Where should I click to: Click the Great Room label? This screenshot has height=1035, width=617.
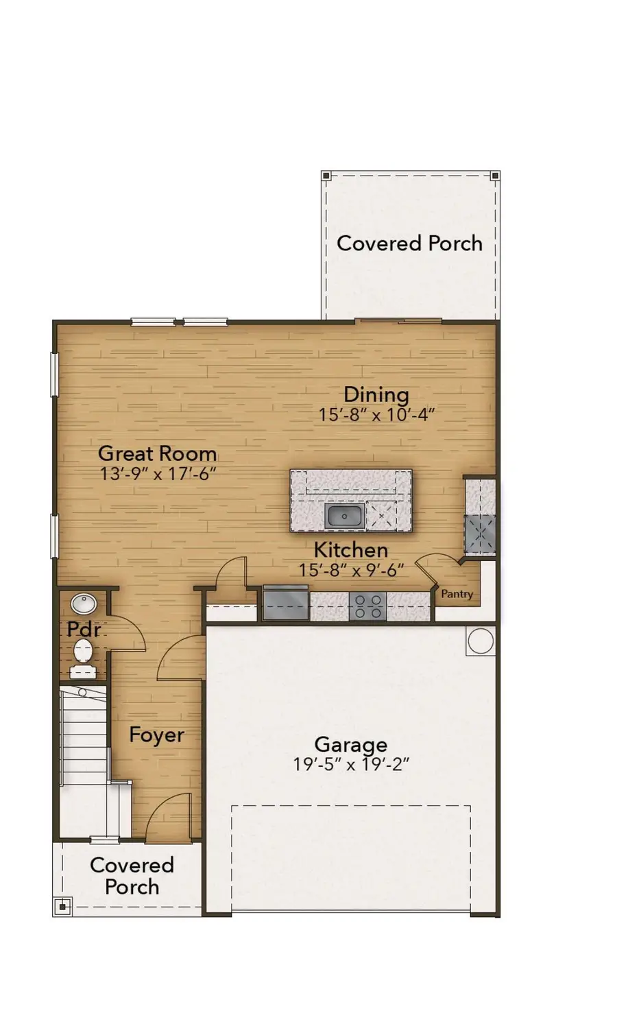tap(157, 453)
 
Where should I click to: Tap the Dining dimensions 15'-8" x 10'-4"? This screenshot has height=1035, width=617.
tap(376, 414)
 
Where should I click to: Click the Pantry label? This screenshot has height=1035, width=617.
tap(457, 594)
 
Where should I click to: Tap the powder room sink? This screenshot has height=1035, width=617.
tap(84, 604)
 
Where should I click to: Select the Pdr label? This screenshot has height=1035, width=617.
tap(84, 629)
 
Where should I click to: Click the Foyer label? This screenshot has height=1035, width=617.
tap(156, 735)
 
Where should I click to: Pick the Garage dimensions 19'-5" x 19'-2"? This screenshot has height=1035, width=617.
tap(350, 764)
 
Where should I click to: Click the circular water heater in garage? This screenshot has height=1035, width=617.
tap(480, 641)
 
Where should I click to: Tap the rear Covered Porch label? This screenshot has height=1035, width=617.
tap(409, 243)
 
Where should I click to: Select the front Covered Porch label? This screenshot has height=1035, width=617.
tap(132, 876)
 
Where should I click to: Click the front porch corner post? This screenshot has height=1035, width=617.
tap(62, 907)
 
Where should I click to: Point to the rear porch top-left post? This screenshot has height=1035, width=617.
tap(326, 176)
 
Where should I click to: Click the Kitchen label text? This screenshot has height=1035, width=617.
tap(350, 549)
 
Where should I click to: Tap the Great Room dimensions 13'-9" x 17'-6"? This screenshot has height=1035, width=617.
tap(158, 473)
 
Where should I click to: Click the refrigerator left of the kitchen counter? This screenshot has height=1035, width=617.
tap(285, 604)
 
